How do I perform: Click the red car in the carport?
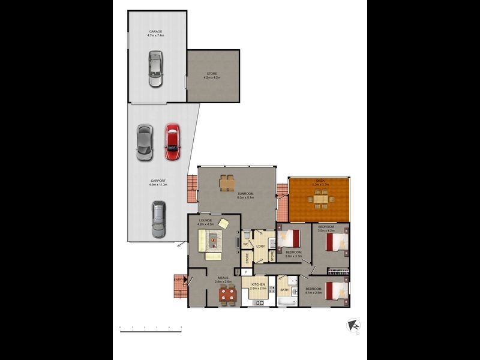[x=172, y=142]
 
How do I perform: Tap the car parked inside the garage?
[x=155, y=69]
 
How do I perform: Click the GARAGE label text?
[x=155, y=32]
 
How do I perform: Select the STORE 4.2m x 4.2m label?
[x=212, y=75]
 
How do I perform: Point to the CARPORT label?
[x=158, y=182]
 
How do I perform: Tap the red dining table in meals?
[x=227, y=294]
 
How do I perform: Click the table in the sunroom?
[x=227, y=182]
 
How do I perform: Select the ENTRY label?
[x=178, y=279]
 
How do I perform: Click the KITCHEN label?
[x=258, y=284]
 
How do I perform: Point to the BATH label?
[x=284, y=290]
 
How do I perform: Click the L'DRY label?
[x=260, y=246]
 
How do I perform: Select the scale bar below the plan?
[x=151, y=327]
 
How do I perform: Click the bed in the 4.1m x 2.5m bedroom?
[x=337, y=290]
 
